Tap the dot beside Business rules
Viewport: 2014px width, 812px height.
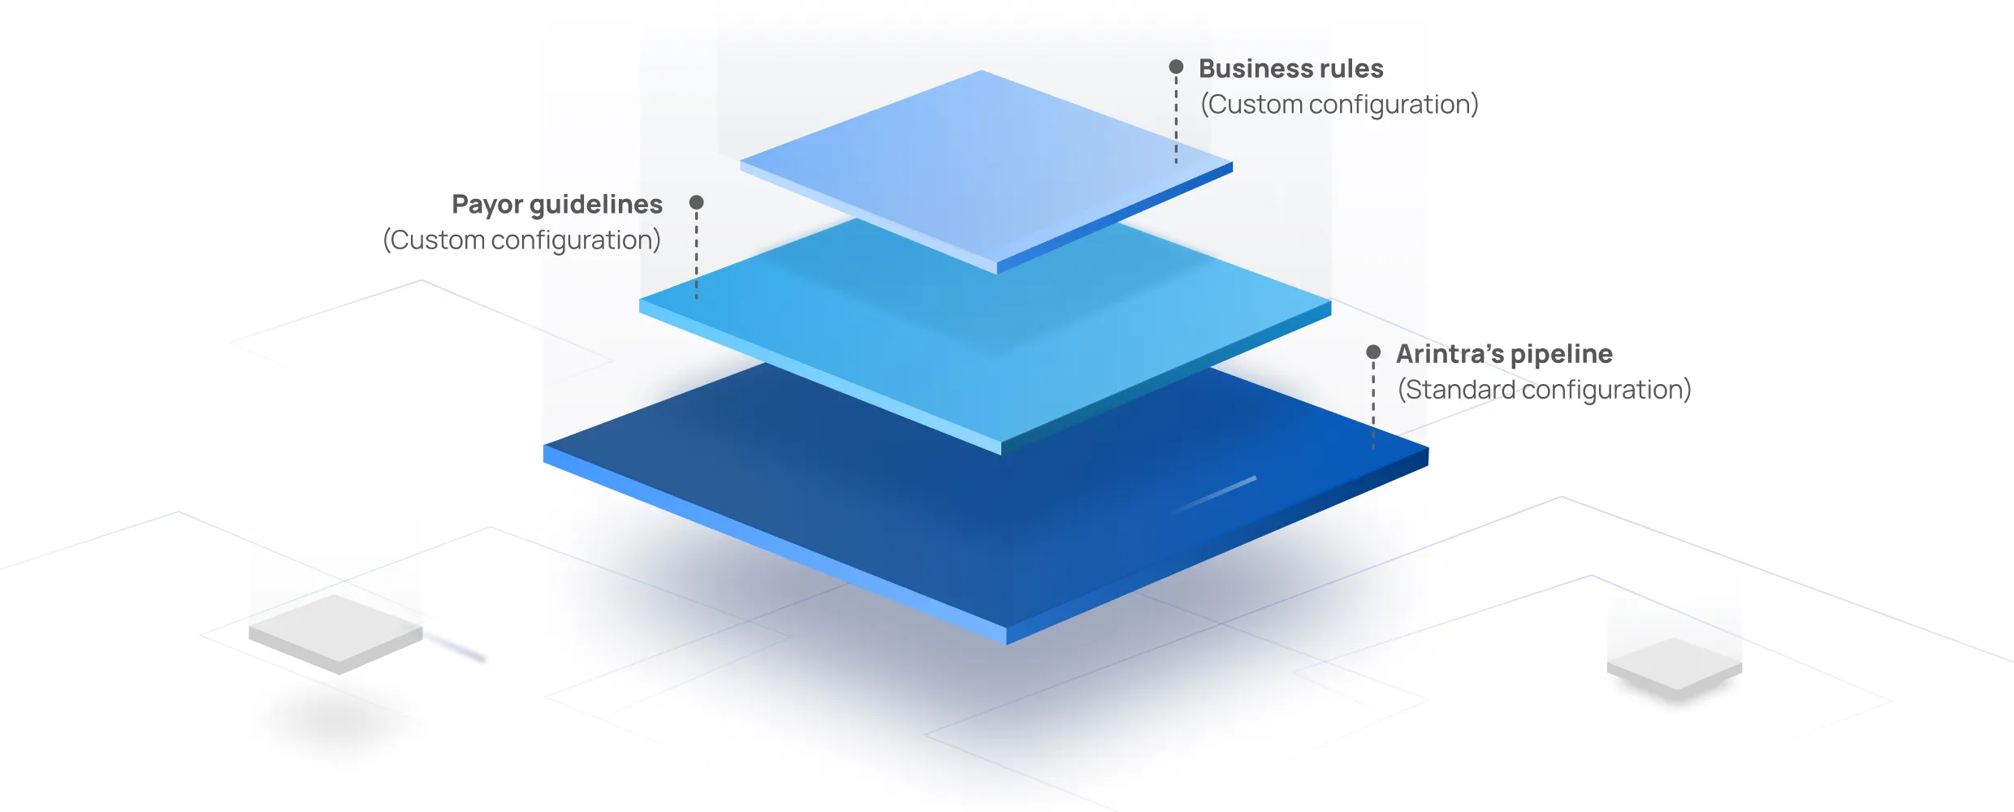pos(1176,67)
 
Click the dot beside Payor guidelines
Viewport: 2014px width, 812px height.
pos(696,202)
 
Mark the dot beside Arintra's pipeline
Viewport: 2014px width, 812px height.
pos(1373,352)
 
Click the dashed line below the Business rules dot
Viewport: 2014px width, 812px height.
pos(1176,122)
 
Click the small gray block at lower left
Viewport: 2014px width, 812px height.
pos(335,632)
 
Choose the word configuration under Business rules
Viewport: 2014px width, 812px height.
pos(1393,105)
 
